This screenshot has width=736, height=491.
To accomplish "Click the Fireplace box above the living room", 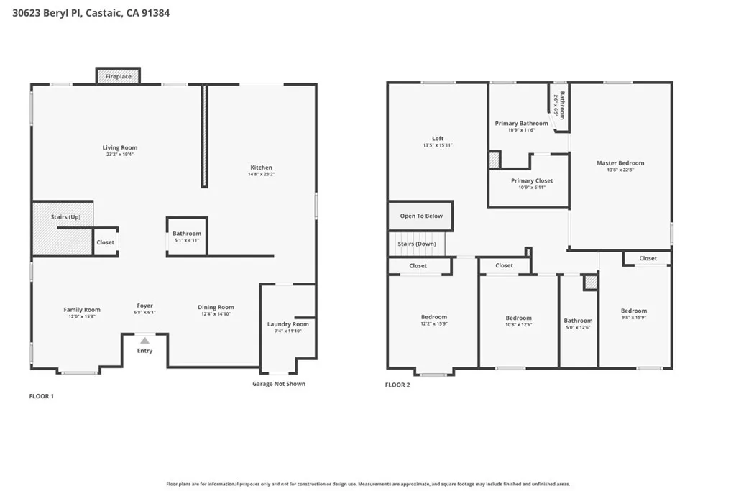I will pos(118,76).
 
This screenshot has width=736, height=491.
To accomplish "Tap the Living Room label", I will pos(119,147).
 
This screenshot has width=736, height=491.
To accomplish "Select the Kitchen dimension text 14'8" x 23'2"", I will pos(261,174).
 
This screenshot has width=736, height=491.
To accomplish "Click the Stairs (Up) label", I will pos(65,216).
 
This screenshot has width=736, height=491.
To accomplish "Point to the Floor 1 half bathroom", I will pos(187,237).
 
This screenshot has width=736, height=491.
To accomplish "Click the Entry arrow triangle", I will pos(144,341).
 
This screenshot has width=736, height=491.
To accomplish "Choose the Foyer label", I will pos(144,306).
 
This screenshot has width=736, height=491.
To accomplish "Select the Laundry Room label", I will pos(287,324).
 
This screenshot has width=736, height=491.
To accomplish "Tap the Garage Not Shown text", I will pos(278,384).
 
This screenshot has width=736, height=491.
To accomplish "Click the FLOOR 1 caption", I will pos(41,396).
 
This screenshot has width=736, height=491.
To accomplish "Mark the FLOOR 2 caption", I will pos(397,385).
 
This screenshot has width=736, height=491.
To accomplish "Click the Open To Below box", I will pos(421,216).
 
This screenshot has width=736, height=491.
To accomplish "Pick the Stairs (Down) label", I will pos(417,244).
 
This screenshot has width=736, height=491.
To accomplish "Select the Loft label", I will pos(438,139).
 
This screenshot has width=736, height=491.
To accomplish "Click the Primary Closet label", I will pos(532,180).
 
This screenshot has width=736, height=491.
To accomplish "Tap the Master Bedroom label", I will pos(620,163).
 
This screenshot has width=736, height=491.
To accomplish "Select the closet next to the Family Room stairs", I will pos(105,242).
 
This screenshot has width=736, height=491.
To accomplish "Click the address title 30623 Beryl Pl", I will pos(91,13).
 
